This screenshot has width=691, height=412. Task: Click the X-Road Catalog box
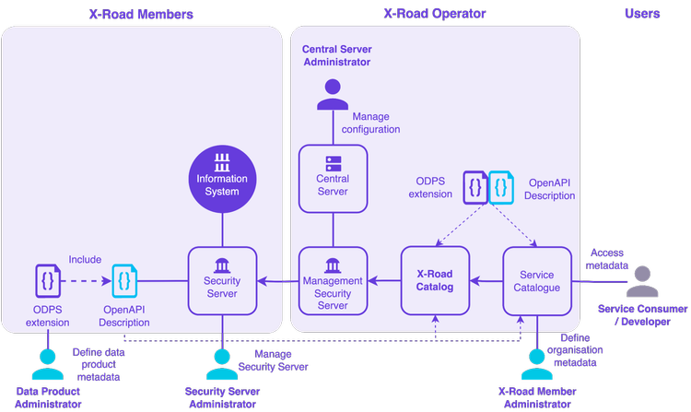(x=435, y=280)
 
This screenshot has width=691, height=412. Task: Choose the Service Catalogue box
(x=537, y=280)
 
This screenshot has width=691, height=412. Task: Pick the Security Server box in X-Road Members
(x=222, y=280)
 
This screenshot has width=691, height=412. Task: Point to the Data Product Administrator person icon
(x=47, y=365)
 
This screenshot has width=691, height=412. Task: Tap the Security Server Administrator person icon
(x=222, y=365)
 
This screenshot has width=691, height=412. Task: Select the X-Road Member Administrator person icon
(x=537, y=365)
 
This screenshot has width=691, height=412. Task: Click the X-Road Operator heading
(x=434, y=14)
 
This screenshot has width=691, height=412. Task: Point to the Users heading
(x=642, y=14)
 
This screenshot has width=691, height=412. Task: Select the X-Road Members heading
(x=140, y=14)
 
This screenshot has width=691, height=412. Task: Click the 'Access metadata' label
(x=607, y=259)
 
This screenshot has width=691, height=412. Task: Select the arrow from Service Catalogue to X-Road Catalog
(x=486, y=280)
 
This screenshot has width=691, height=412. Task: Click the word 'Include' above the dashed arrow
(x=85, y=260)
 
